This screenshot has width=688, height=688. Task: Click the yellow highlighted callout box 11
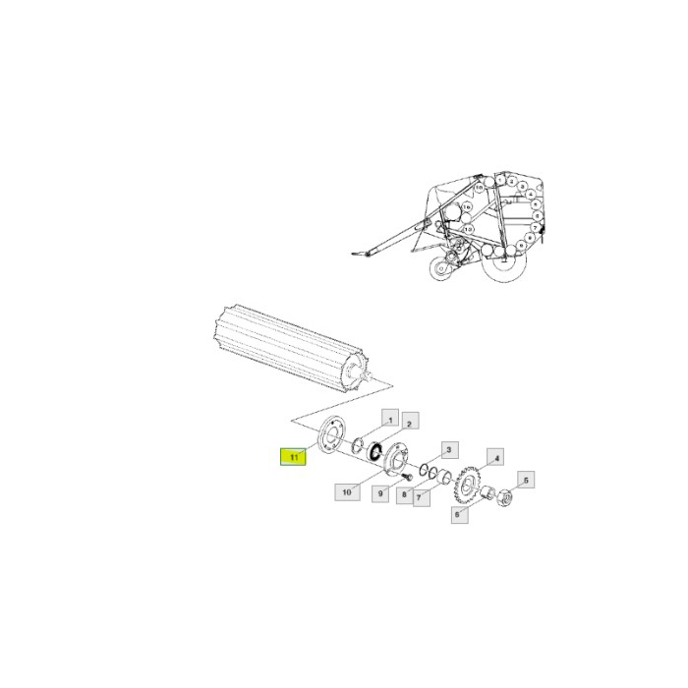292,457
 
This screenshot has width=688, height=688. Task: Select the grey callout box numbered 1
389,421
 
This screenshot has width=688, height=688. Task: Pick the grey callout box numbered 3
448,450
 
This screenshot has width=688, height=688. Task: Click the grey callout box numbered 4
496,458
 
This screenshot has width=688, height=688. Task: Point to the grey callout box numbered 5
525,481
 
